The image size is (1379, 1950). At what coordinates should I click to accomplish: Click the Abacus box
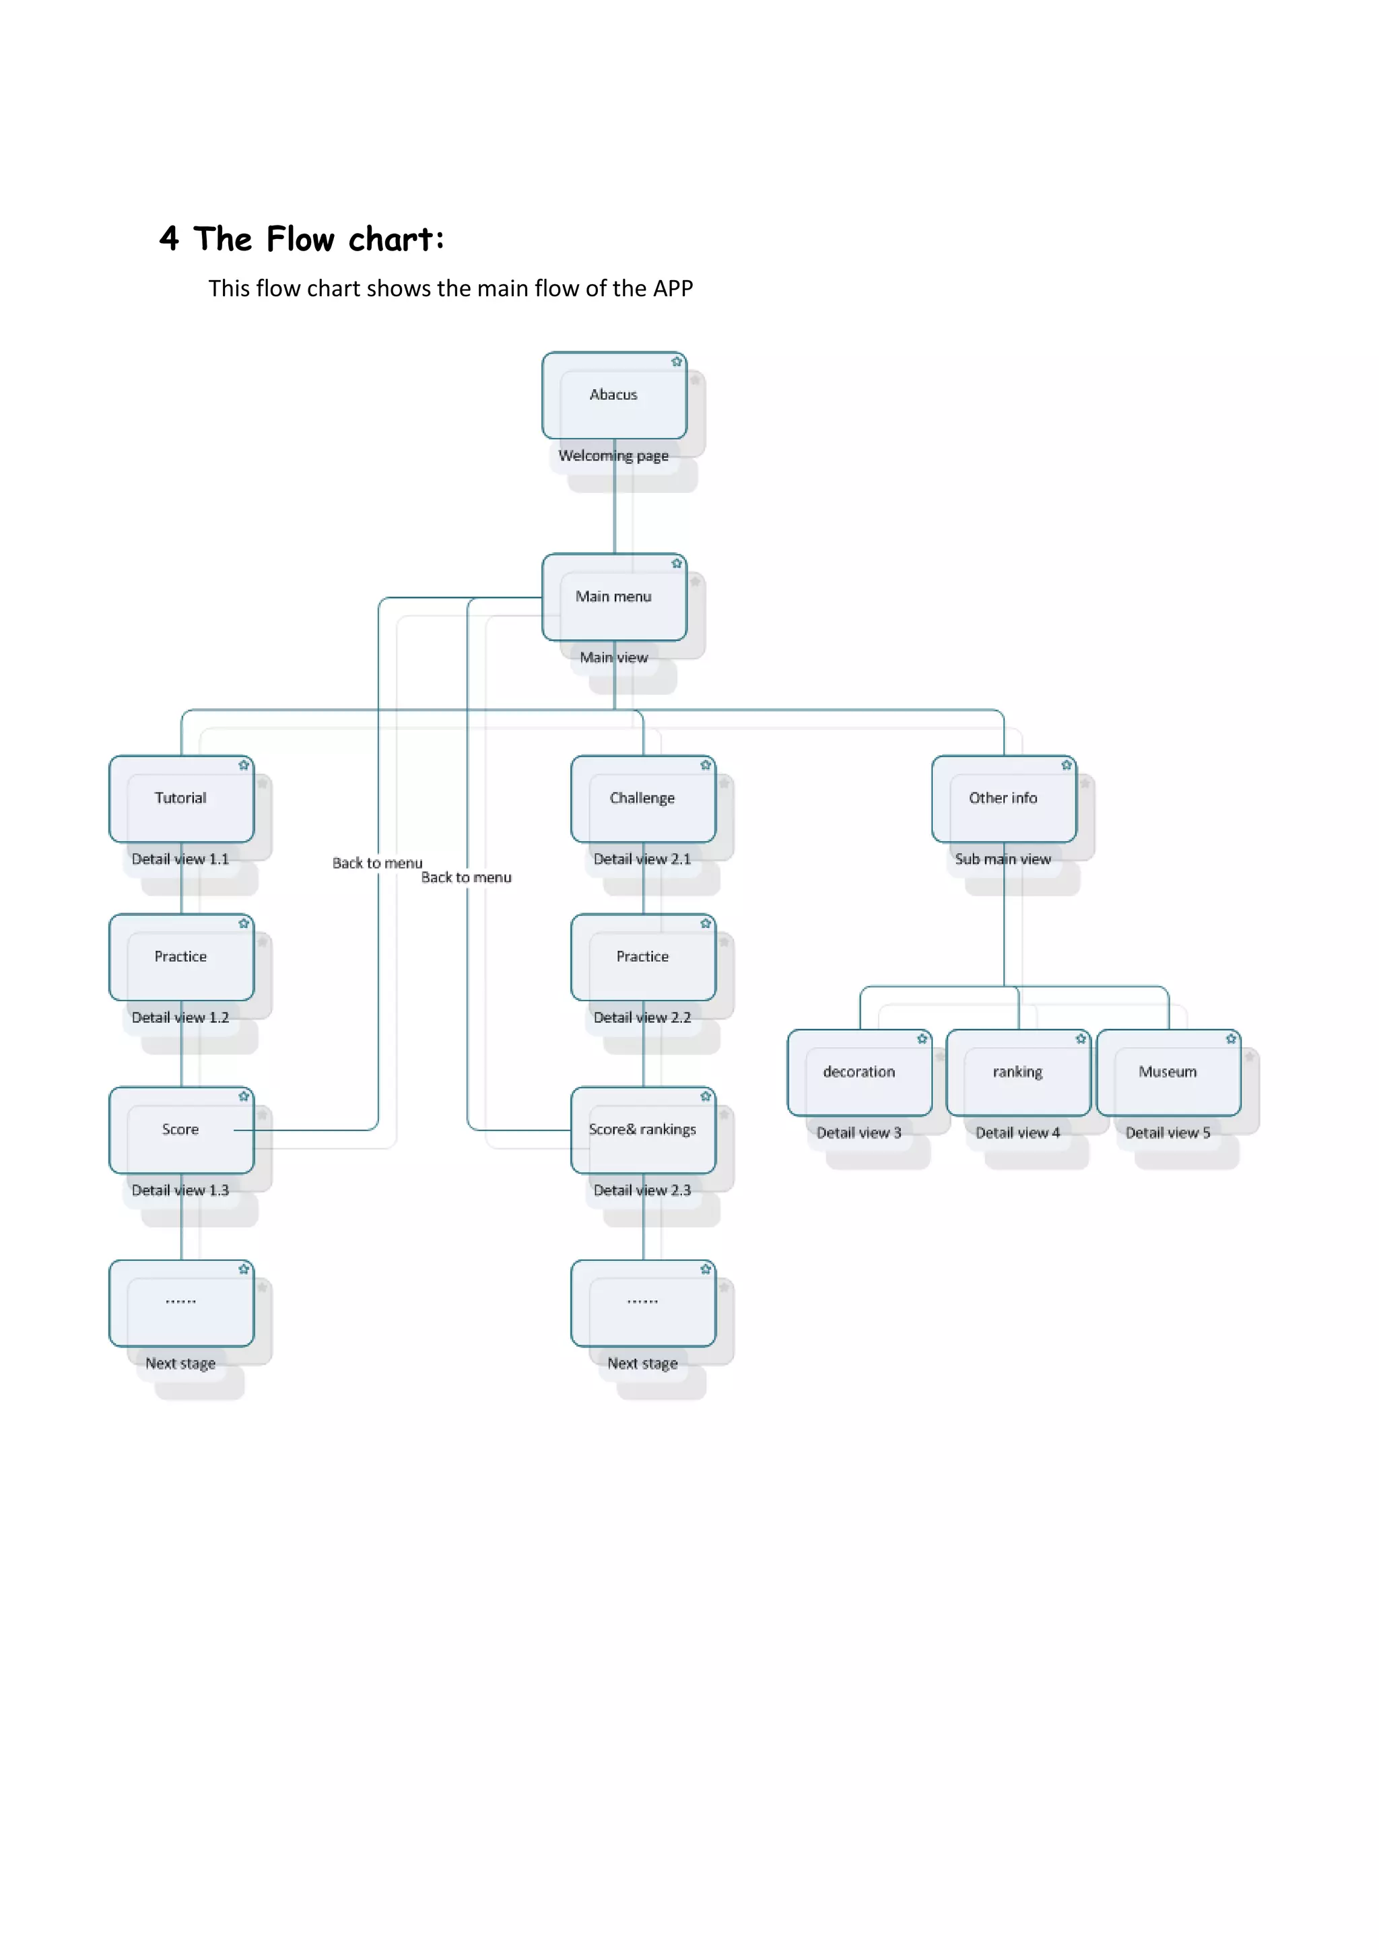click(614, 395)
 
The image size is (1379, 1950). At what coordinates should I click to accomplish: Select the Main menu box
click(614, 596)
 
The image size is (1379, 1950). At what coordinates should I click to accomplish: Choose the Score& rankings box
click(643, 1130)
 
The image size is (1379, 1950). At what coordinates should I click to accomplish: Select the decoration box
click(859, 1072)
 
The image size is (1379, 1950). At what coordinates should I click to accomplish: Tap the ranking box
click(1018, 1072)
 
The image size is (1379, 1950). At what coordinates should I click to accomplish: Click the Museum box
click(1168, 1072)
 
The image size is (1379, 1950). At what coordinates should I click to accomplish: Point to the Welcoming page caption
click(614, 456)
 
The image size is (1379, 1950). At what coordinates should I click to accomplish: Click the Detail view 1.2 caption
click(181, 1017)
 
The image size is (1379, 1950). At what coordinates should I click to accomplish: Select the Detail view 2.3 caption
click(643, 1190)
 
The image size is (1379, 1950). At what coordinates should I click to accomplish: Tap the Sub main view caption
click(1004, 859)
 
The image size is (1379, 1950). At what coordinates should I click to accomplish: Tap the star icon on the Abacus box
click(677, 362)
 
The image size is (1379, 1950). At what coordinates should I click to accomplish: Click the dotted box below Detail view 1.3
click(181, 1303)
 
